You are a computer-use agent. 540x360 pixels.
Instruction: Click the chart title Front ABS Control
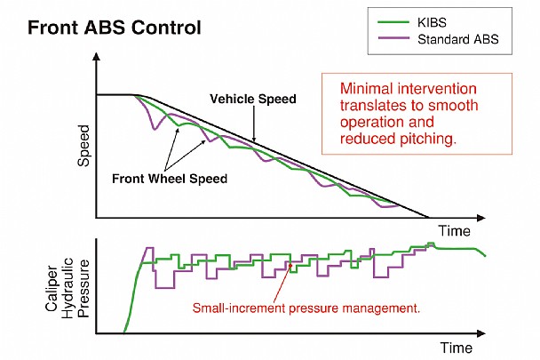click(x=115, y=28)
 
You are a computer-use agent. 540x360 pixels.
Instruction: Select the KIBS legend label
click(x=432, y=23)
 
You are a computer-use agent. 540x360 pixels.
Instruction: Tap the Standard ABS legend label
click(x=458, y=39)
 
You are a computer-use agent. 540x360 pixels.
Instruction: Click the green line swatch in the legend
click(x=393, y=22)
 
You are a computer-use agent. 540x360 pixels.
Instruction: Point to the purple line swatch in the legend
click(x=393, y=38)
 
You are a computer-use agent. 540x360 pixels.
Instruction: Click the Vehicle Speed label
click(x=253, y=99)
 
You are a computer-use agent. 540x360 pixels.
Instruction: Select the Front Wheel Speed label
click(x=170, y=179)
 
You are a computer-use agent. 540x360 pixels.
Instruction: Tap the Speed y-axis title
click(x=83, y=146)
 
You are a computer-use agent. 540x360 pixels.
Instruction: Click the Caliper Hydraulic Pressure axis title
click(x=67, y=288)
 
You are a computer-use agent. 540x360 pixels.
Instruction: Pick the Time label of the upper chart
click(x=454, y=231)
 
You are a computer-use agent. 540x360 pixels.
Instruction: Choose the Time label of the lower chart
click(x=457, y=348)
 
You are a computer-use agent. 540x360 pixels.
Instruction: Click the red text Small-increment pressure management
click(x=306, y=308)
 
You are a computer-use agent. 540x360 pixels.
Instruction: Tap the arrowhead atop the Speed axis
click(x=97, y=56)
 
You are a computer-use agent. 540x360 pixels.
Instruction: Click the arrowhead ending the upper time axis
click(x=481, y=218)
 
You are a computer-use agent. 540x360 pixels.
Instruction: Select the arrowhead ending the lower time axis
click(x=481, y=333)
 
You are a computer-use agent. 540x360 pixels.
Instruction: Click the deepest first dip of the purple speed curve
click(x=155, y=129)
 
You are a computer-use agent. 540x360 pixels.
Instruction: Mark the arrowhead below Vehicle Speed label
click(x=254, y=139)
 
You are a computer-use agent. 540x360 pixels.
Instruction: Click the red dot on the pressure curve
click(x=290, y=266)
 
